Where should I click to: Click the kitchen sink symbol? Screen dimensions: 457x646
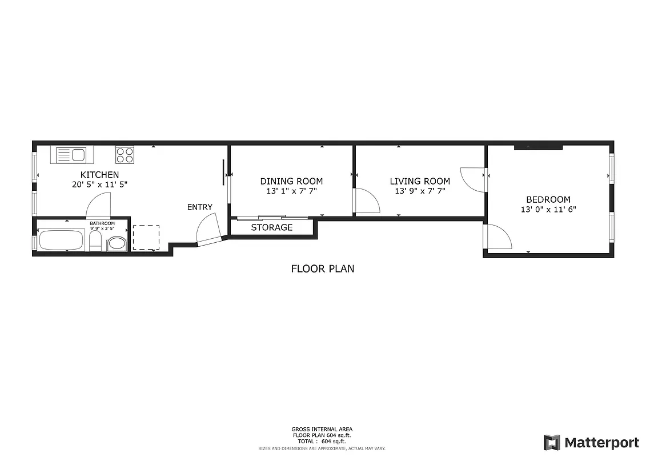pos(71,155)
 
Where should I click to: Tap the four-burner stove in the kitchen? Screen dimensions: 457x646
pos(125,155)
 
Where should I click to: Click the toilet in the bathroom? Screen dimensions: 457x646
pos(95,242)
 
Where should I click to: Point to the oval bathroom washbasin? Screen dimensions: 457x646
pos(117,244)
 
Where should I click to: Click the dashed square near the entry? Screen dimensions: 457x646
pos(146,238)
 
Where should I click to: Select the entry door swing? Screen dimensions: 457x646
pos(208,230)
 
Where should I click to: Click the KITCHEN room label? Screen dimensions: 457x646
pos(99,175)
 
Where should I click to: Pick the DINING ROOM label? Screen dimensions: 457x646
pos(291,182)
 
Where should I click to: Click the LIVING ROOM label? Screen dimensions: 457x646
pos(420,182)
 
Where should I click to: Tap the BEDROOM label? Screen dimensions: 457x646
pos(548,199)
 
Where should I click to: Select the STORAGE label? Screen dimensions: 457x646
pos(272,227)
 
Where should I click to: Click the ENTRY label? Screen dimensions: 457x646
pos(199,207)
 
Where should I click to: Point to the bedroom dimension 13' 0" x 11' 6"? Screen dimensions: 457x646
pos(548,209)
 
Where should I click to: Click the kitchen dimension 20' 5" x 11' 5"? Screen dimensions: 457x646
pos(99,185)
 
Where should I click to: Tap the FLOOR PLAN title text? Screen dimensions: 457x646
pos(322,268)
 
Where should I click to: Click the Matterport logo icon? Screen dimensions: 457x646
pos(551,442)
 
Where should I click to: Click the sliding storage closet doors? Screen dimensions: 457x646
pos(272,217)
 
